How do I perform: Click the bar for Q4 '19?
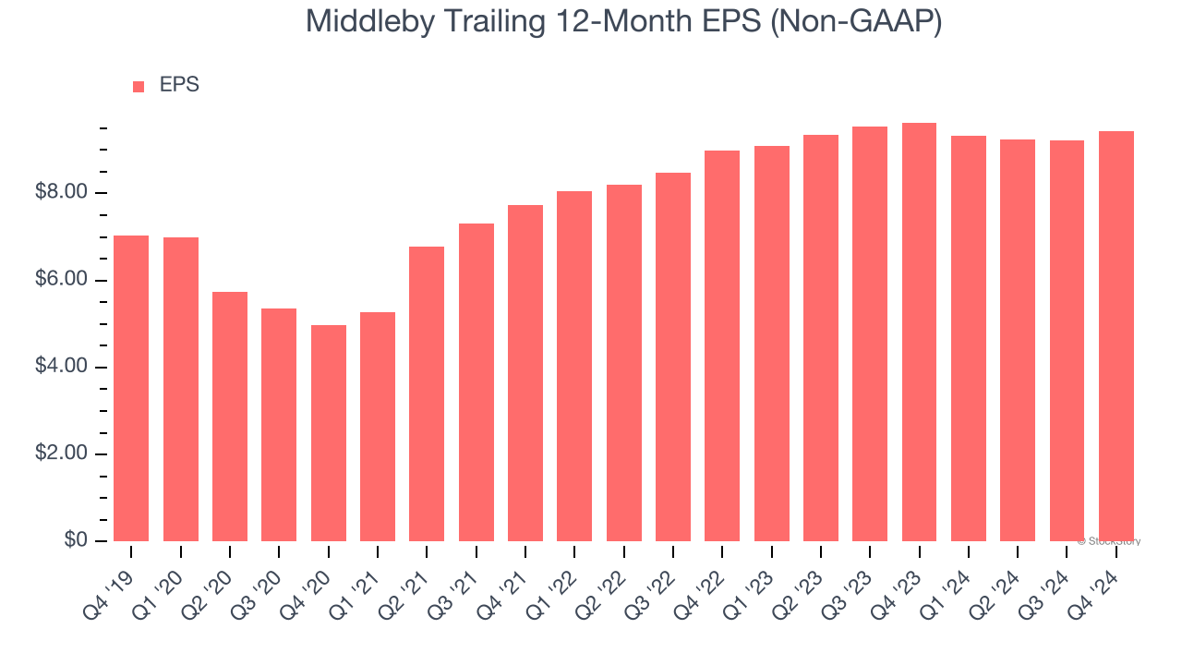(x=131, y=388)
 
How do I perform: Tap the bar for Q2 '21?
(x=427, y=393)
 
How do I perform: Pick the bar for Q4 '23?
(x=919, y=332)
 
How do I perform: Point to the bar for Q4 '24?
(x=1116, y=336)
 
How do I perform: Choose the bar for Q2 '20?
(x=230, y=417)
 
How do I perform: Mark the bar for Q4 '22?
(x=722, y=345)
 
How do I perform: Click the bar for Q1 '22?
(x=574, y=366)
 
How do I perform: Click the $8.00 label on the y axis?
(x=62, y=193)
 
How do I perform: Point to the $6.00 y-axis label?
(x=62, y=280)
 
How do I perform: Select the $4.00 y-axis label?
(x=62, y=367)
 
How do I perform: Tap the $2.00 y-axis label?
(x=62, y=453)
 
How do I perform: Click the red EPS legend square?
(x=139, y=87)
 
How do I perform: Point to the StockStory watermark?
(x=1109, y=541)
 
